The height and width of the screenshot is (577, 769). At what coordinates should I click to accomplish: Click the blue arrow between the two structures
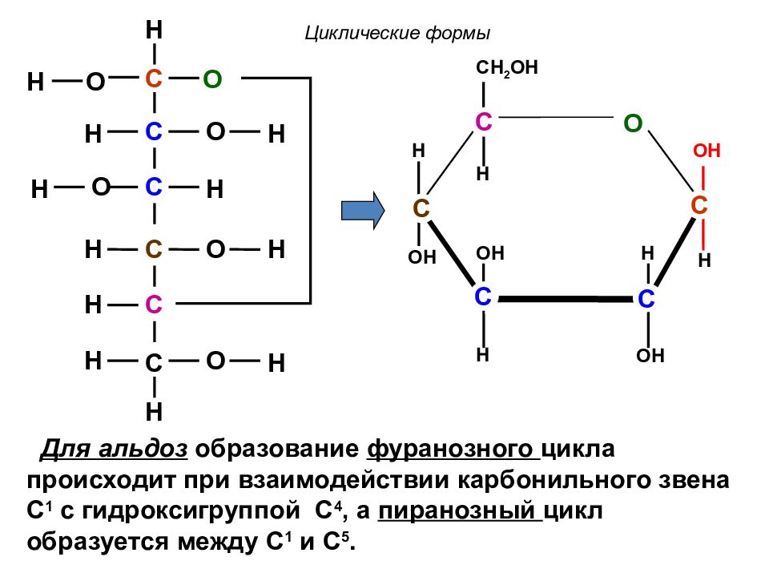[363, 211]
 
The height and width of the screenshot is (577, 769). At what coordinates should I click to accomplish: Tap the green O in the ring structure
[633, 123]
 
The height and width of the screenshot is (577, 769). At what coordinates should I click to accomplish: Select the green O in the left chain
[212, 79]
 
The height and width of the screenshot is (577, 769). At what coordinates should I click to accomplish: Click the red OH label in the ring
[707, 151]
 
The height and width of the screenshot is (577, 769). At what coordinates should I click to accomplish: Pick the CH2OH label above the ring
[506, 67]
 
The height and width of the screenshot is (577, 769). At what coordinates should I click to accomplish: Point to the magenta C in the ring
[484, 122]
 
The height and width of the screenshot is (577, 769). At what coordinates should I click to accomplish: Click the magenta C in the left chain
[154, 305]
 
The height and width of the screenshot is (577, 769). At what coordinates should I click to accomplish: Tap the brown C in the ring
[421, 208]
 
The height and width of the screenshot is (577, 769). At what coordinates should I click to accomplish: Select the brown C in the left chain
[154, 249]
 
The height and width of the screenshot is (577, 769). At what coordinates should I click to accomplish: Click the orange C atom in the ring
[699, 206]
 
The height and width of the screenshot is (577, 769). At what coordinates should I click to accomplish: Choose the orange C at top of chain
[154, 79]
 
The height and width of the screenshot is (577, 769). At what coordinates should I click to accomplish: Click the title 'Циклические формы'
[397, 34]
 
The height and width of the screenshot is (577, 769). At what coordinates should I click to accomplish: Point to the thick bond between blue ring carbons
[565, 298]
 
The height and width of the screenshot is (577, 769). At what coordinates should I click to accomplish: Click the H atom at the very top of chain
[154, 30]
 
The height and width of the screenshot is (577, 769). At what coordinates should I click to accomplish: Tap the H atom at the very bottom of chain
[154, 412]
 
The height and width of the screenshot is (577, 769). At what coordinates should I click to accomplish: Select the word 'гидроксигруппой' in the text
[191, 512]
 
